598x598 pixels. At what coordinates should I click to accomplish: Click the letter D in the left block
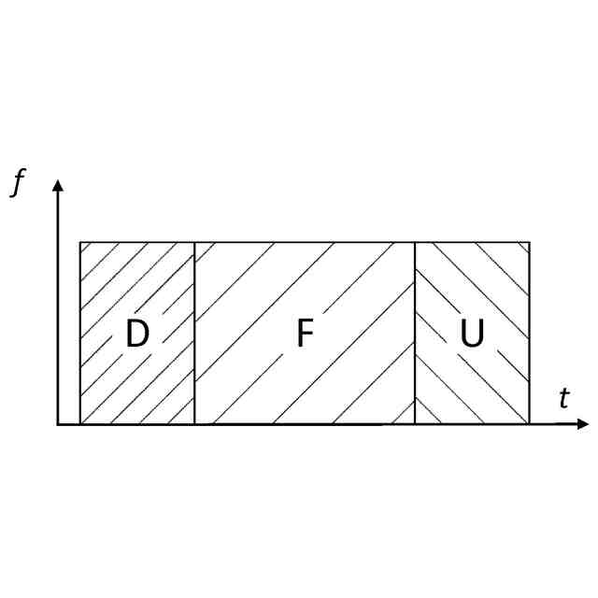137,335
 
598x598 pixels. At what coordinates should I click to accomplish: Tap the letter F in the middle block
304,335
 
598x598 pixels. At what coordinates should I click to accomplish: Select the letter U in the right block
473,335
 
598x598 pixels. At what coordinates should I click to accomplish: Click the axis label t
563,399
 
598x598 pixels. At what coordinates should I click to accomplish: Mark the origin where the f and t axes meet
58,425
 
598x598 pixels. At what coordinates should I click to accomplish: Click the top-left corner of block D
80,243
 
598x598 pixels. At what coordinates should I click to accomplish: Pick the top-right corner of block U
530,243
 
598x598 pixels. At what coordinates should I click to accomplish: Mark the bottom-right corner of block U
530,425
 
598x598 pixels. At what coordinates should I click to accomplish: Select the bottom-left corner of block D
80,425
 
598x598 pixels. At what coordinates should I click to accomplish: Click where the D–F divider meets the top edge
194,243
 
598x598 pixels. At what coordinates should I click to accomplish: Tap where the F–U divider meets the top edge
415,243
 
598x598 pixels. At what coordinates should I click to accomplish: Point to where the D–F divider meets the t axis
194,425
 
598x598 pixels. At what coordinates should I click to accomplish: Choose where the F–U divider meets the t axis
415,425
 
